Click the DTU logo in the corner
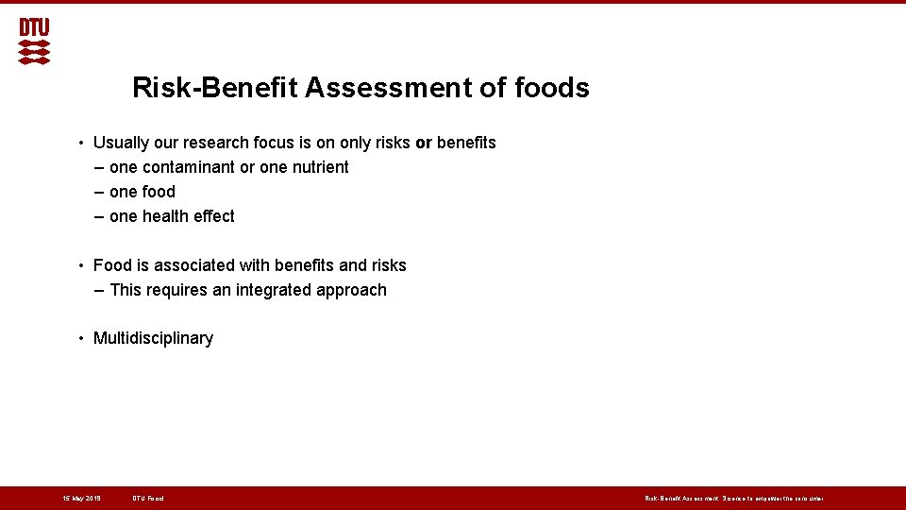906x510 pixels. (x=34, y=42)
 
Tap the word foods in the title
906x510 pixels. (x=552, y=88)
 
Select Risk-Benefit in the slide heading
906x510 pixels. (x=215, y=88)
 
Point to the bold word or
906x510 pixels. (x=423, y=143)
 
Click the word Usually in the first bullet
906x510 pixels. (x=121, y=143)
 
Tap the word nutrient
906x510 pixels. (x=318, y=167)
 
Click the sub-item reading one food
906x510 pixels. (x=142, y=192)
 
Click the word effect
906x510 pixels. (x=214, y=216)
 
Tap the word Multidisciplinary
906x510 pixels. (x=153, y=338)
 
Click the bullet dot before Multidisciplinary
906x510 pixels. (x=83, y=338)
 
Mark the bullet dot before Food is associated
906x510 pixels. (x=83, y=265)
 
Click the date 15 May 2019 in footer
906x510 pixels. (x=81, y=498)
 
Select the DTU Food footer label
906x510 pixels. (x=148, y=498)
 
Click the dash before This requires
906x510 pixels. (x=100, y=290)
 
